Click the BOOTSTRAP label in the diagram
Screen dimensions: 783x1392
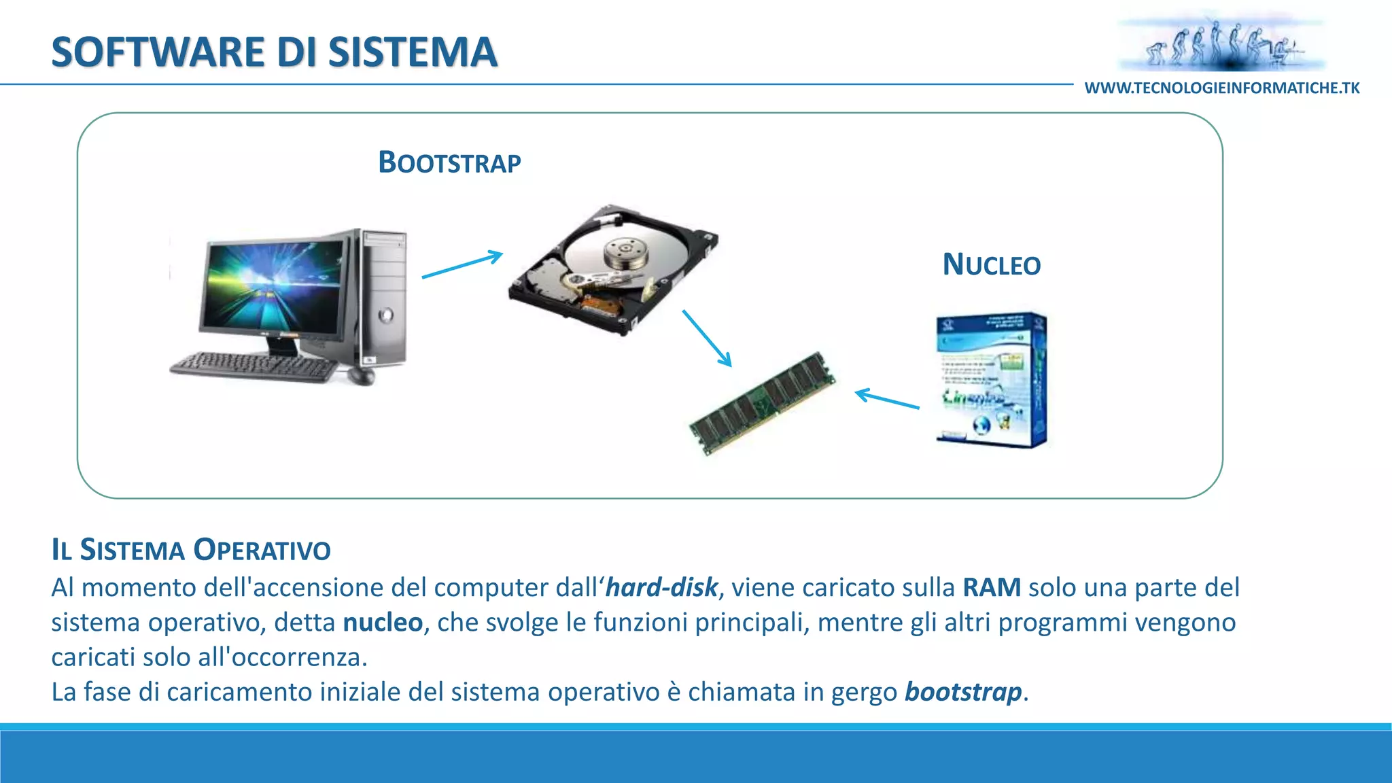[x=449, y=163]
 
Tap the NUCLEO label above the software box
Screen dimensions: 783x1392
[x=991, y=265]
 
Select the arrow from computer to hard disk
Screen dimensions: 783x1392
[x=462, y=265]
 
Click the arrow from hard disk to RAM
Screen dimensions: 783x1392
[x=707, y=338]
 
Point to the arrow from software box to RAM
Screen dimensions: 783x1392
[x=887, y=400]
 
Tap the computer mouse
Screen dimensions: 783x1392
[x=362, y=375]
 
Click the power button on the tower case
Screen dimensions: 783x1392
[x=386, y=315]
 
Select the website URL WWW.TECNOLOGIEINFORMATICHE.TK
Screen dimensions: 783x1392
[x=1222, y=88]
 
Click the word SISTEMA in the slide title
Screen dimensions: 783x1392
[x=413, y=52]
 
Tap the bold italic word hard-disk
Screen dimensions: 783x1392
[x=661, y=587]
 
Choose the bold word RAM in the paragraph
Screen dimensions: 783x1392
[x=992, y=587]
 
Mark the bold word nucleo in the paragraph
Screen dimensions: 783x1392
[x=383, y=623]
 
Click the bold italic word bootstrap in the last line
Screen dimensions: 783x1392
[x=963, y=692]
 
